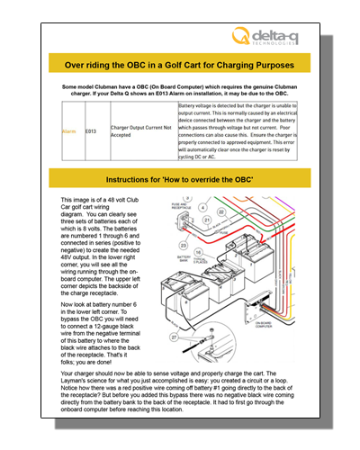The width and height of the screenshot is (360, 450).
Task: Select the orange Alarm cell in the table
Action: tap(68, 130)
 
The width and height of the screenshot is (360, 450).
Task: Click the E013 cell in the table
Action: tap(91, 130)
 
